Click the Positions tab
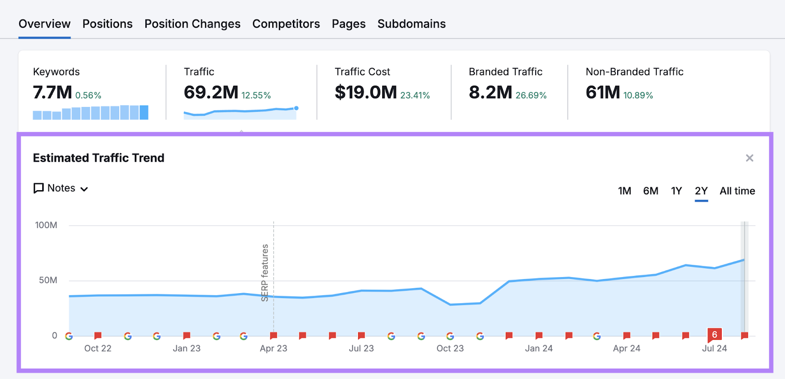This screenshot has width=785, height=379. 107,24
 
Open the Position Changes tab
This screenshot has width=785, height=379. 192,24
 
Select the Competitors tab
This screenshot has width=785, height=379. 286,24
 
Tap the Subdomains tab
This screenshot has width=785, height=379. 411,24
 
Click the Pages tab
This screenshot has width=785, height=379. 348,24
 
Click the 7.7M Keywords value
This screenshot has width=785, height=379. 52,92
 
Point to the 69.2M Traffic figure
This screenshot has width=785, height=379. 211,92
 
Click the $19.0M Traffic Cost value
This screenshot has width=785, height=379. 366,92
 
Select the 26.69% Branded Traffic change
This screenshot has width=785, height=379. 531,96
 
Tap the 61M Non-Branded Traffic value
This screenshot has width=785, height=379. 603,92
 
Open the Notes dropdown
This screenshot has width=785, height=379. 61,188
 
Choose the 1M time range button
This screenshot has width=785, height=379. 625,191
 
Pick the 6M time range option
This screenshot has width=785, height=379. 651,191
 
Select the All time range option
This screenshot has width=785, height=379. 737,191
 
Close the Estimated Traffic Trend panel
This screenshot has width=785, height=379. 749,158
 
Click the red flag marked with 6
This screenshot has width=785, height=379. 714,335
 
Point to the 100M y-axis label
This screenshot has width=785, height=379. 46,225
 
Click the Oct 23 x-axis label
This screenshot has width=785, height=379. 450,348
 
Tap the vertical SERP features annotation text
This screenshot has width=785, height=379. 265,273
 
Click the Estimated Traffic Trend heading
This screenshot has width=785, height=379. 99,158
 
